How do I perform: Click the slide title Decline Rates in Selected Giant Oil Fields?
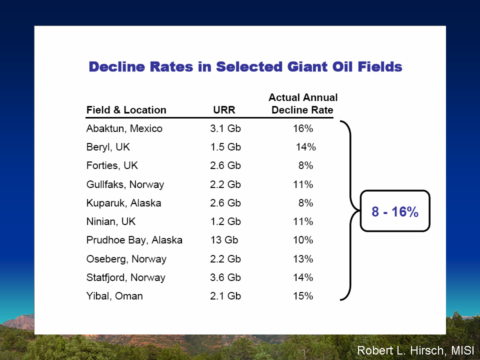coord(245,66)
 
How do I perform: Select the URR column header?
coord(224,110)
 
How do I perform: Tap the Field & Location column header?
coord(126,110)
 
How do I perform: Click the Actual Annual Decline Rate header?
coord(303,104)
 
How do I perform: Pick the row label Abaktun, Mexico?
coord(124,128)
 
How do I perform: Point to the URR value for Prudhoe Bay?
coord(224,240)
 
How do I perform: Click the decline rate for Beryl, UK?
coord(305,147)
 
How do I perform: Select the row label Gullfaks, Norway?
coord(125,184)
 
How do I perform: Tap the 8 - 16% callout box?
coord(395,211)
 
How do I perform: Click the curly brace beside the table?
coord(350,210)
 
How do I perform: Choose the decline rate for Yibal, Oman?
coord(303,296)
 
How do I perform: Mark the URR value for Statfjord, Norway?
coord(225,277)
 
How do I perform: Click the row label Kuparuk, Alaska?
coord(123,203)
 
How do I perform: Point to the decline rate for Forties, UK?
coord(305,165)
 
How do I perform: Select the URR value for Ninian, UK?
coord(225,221)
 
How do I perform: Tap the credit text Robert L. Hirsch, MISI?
coord(415,350)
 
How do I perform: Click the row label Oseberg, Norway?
coord(126,259)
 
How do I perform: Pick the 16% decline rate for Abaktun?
coord(303,128)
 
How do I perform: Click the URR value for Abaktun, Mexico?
coord(225,128)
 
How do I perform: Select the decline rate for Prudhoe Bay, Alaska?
coord(303,240)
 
